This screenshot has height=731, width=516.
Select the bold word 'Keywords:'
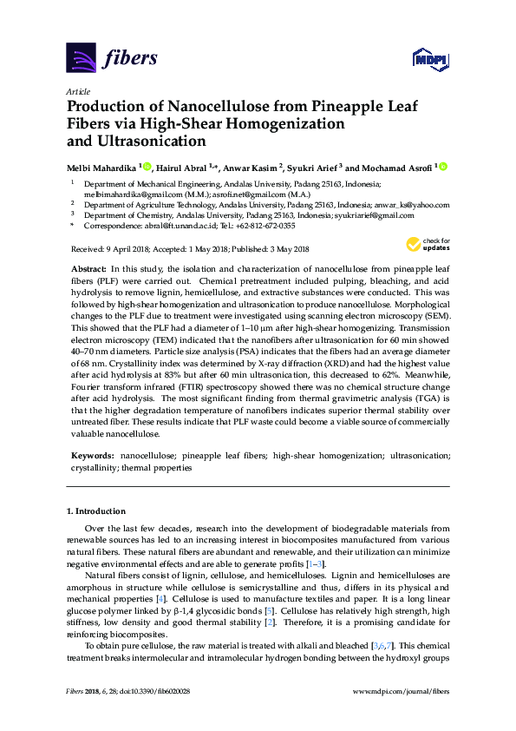pyautogui.click(x=91, y=455)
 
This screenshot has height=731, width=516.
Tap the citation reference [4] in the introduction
pyautogui.click(x=160, y=599)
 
